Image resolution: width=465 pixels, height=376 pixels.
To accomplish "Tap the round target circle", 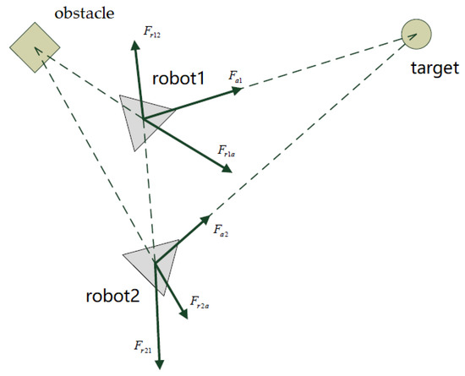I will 416,35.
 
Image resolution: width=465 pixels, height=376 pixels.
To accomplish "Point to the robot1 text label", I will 179,79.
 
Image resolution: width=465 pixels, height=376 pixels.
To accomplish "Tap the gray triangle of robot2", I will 152,263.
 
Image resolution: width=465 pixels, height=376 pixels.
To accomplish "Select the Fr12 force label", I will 152,33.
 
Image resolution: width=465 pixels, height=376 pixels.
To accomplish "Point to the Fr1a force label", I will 226,152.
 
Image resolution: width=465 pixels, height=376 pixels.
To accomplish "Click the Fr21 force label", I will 141,346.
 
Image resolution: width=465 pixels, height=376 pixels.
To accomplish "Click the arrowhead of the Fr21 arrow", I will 159,365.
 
